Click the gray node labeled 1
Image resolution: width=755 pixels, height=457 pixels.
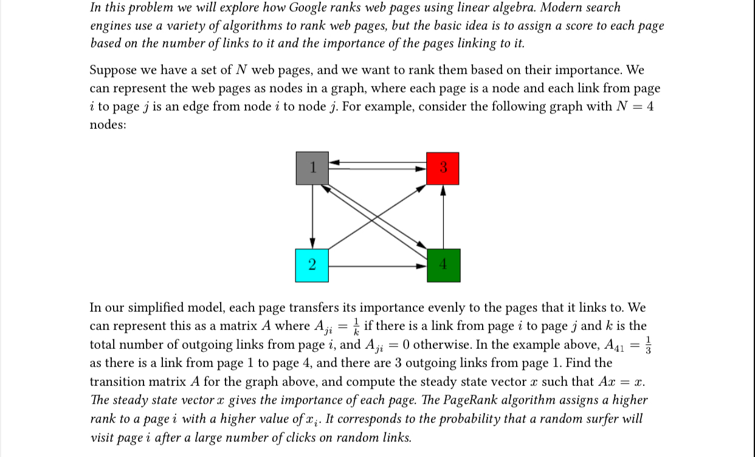click(x=312, y=168)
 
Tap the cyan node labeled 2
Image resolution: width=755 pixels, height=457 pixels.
click(x=312, y=266)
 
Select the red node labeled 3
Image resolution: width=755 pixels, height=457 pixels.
click(x=443, y=168)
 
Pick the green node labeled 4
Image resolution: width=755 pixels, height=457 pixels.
click(x=443, y=266)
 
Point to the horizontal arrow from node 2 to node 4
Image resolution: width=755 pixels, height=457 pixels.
click(x=377, y=266)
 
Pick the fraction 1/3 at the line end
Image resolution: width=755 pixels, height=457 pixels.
click(x=649, y=344)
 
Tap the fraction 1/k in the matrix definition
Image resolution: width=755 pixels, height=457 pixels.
click(x=356, y=326)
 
